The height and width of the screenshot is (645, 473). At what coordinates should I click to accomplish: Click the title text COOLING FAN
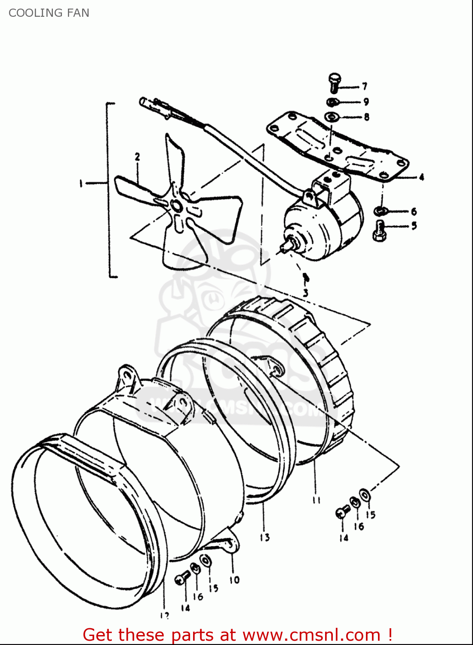click(x=49, y=13)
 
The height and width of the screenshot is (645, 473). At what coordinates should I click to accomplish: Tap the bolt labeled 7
click(x=334, y=83)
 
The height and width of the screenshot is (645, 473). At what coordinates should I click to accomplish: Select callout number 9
click(x=366, y=102)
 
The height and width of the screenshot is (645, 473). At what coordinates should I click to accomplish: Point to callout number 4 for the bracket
click(x=421, y=177)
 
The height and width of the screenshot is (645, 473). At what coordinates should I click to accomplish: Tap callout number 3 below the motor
click(x=305, y=293)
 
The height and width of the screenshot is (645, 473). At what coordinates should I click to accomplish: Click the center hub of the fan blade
click(x=176, y=206)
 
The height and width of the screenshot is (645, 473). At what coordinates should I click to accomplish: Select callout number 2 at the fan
click(x=137, y=157)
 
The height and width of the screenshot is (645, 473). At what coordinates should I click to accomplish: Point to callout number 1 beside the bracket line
click(x=80, y=184)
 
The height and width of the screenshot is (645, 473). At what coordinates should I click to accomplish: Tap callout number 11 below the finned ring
click(x=316, y=500)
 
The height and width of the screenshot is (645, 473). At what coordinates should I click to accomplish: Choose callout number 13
click(x=264, y=537)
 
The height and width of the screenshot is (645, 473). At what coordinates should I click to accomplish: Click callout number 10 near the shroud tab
click(x=234, y=580)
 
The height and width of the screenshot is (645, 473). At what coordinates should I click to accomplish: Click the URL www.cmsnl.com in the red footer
click(x=311, y=635)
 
